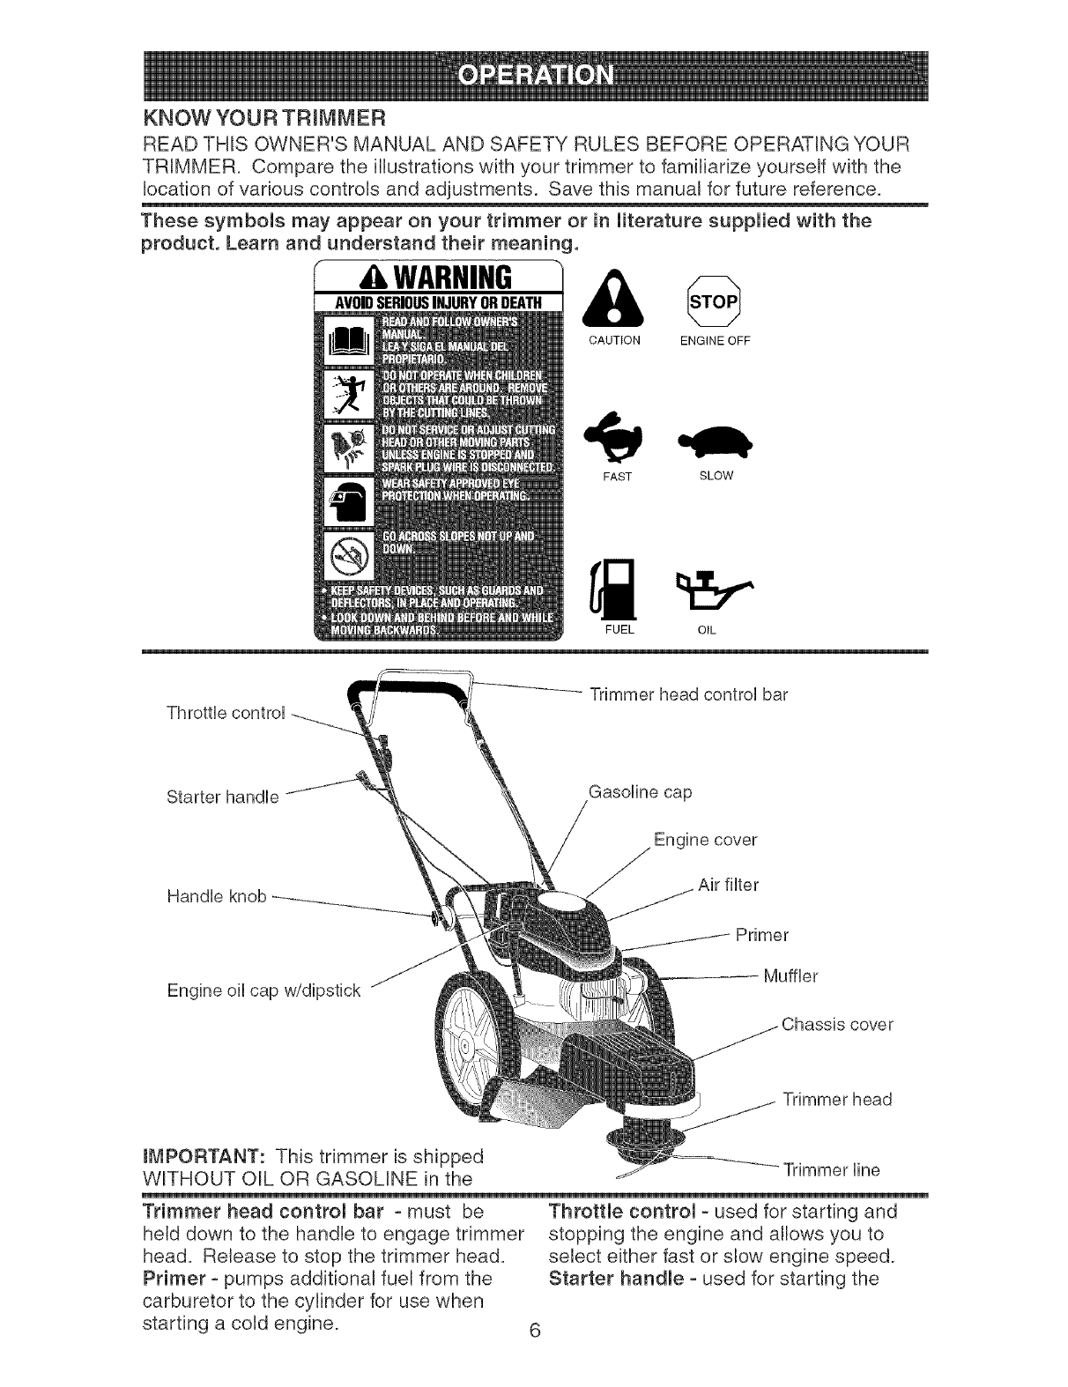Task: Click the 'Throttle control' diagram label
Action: [225, 713]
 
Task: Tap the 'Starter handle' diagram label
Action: [222, 797]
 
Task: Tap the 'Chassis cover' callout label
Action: [837, 1025]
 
